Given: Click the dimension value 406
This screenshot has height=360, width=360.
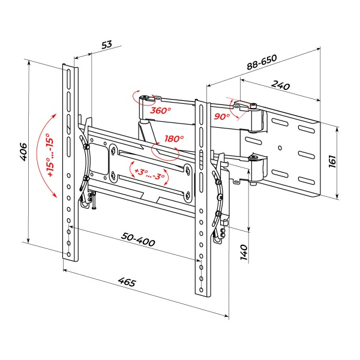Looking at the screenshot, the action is [x=23, y=152].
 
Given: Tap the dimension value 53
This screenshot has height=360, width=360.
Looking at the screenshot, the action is [x=107, y=44].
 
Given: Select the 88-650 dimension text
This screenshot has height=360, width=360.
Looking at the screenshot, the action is [x=262, y=62].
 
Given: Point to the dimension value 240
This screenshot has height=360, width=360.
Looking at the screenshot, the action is [x=281, y=85].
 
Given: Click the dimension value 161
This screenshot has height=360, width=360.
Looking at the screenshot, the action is [x=332, y=161].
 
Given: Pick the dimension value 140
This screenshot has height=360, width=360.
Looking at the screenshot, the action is [x=244, y=253].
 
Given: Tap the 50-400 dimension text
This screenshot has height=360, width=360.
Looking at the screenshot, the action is [x=138, y=239].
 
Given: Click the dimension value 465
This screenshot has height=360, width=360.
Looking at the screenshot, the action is [x=127, y=282].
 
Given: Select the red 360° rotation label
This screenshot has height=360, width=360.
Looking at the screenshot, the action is [x=160, y=110].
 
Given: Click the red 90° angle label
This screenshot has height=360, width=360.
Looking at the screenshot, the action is [x=222, y=116].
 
